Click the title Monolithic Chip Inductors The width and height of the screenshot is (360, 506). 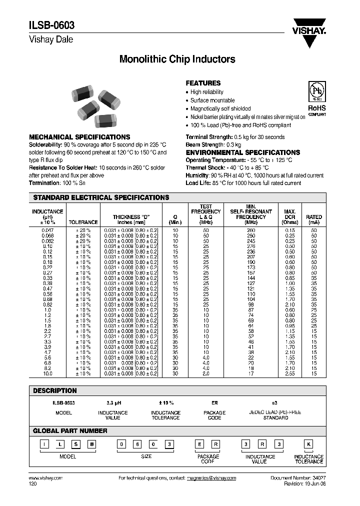point(177,59)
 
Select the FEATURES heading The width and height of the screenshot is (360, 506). point(203,83)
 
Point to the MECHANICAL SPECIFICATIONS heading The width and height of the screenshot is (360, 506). point(79,137)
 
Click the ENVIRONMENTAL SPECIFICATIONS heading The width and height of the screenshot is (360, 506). point(243,152)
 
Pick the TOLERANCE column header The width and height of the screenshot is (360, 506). point(83,222)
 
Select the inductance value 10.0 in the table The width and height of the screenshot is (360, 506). point(47,373)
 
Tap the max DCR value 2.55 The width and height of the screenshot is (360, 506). point(289,373)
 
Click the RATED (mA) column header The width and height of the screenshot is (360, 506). point(314,219)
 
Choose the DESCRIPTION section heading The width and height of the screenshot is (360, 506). point(55,390)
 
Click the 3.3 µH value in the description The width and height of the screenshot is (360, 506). point(115,402)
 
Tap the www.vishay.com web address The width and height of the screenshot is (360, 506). point(43,478)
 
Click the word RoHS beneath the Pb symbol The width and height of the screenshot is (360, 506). point(316,108)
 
